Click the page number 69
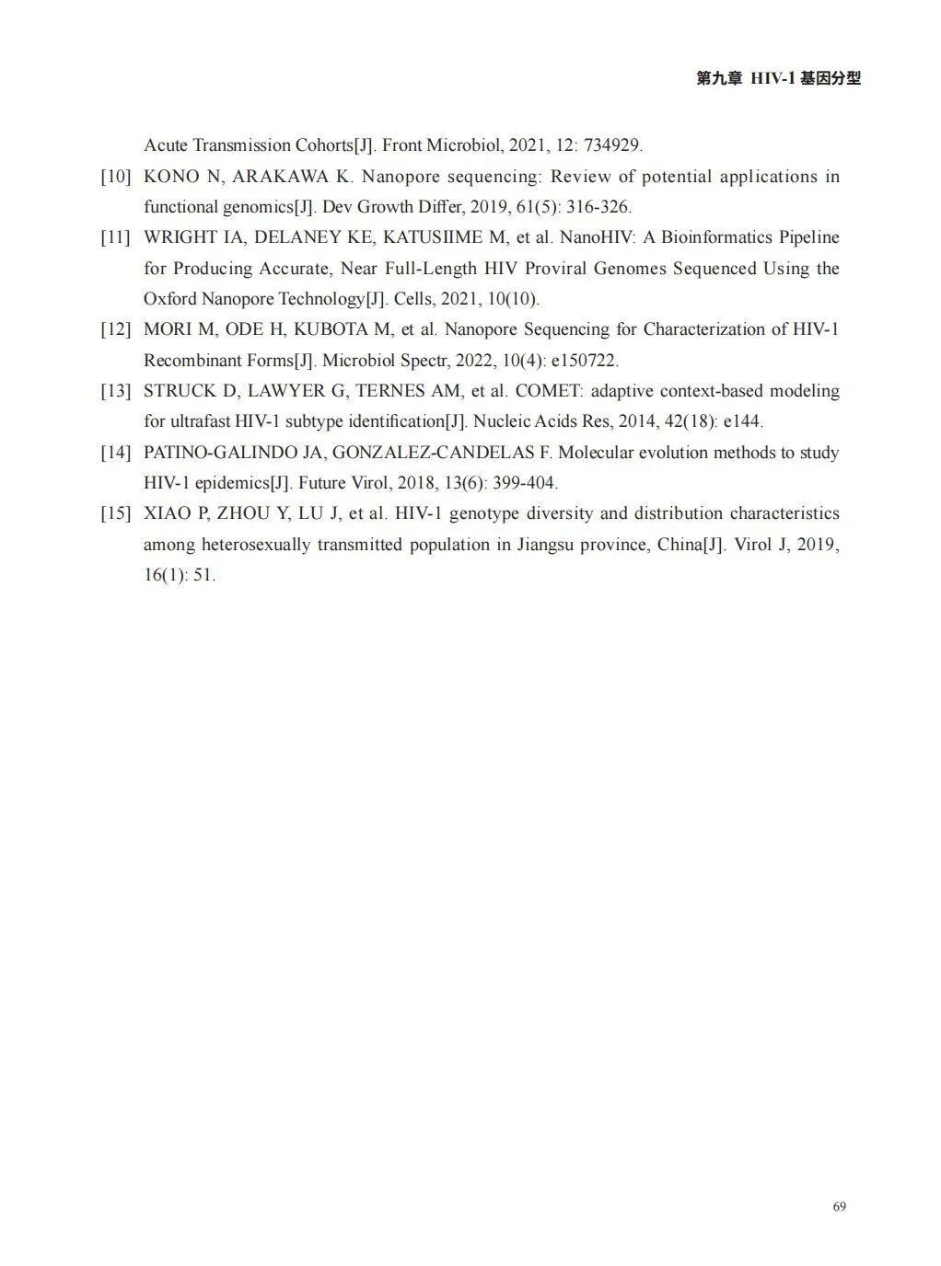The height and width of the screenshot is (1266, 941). pyautogui.click(x=839, y=1206)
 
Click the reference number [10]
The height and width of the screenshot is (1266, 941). pyautogui.click(x=116, y=177)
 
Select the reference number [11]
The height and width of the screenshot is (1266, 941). pyautogui.click(x=116, y=237)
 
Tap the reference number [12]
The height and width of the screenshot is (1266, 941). pyautogui.click(x=116, y=329)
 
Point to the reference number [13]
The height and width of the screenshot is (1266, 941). pyautogui.click(x=116, y=391)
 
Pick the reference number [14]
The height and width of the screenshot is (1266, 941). pyautogui.click(x=116, y=453)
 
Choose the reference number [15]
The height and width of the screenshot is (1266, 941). pyautogui.click(x=116, y=513)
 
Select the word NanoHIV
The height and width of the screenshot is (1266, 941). pyautogui.click(x=596, y=237)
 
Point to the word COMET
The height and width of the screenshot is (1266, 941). pyautogui.click(x=548, y=391)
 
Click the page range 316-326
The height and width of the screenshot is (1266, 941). pyautogui.click(x=598, y=207)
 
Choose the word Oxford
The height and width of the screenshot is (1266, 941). pyautogui.click(x=169, y=299)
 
